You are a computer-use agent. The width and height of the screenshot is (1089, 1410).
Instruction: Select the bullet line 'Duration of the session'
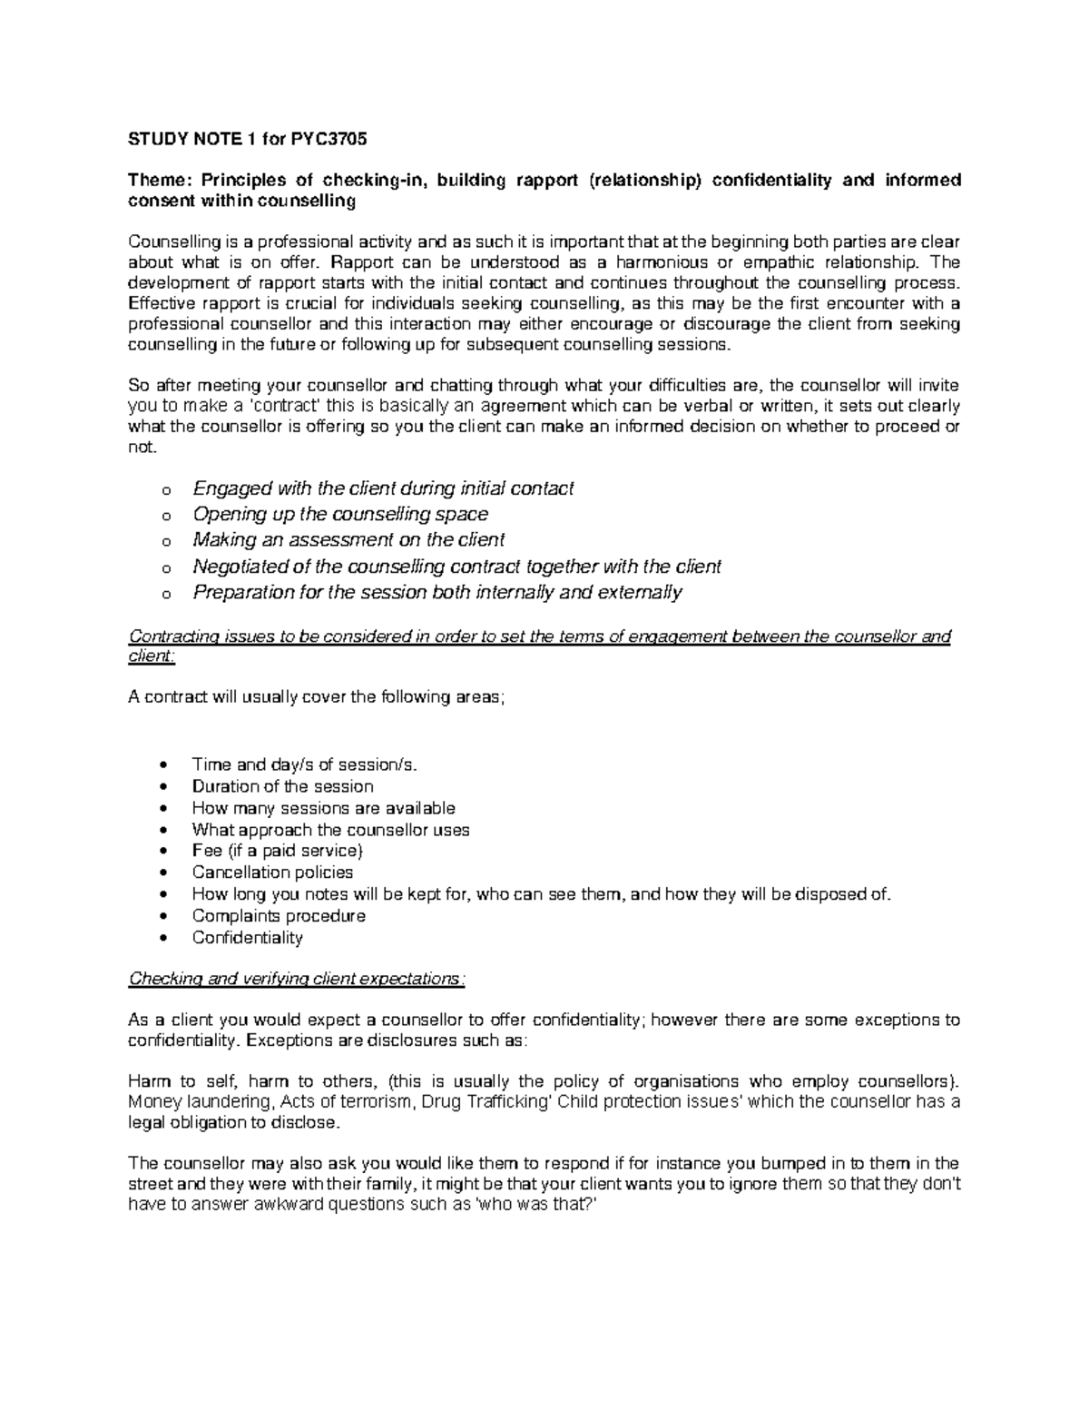[x=282, y=786]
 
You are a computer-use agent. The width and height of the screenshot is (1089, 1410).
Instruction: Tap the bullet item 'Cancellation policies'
[x=272, y=873]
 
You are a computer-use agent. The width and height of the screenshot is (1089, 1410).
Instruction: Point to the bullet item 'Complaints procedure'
[x=279, y=916]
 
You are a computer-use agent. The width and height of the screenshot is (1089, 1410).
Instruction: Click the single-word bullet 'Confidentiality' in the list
[x=247, y=938]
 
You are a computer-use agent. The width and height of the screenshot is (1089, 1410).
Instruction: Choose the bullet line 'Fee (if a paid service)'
[x=277, y=851]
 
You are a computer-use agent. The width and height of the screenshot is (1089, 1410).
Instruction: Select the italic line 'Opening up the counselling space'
[x=340, y=514]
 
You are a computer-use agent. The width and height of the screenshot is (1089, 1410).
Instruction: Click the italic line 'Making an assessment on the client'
[x=348, y=540]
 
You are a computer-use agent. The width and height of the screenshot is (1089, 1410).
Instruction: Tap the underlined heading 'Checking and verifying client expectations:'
[x=298, y=979]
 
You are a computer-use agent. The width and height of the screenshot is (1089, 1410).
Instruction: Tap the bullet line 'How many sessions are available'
[x=323, y=808]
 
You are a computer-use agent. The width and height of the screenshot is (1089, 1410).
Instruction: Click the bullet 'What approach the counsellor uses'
[x=330, y=830]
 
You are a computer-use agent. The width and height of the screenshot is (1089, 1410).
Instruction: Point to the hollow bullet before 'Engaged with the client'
[x=164, y=491]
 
